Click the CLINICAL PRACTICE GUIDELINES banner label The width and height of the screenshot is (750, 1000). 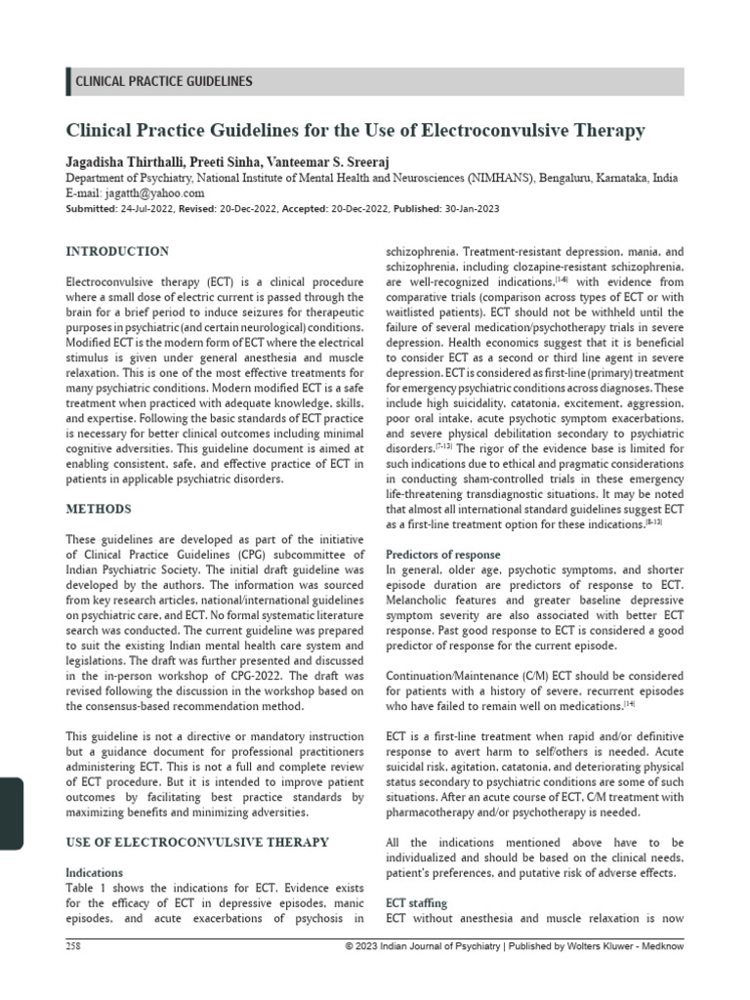click(164, 82)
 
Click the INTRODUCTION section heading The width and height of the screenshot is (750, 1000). click(117, 251)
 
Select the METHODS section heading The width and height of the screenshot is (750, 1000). click(98, 509)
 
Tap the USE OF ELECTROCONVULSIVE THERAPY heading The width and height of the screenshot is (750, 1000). click(197, 842)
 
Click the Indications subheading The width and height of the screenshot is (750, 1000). click(94, 872)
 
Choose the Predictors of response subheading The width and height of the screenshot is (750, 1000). click(442, 555)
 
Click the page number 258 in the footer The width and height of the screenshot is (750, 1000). click(74, 947)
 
